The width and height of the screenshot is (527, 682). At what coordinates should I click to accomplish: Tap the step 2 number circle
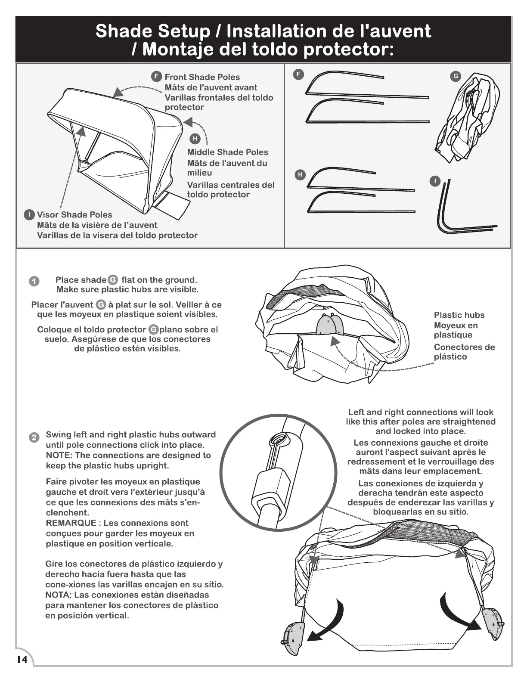[34, 437]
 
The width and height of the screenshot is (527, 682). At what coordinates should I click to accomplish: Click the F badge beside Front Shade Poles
[157, 77]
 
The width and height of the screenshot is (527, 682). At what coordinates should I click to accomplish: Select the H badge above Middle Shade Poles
[195, 139]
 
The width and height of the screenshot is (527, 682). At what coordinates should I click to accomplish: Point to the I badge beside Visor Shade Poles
[29, 214]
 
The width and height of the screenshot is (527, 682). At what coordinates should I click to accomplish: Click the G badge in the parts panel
[455, 77]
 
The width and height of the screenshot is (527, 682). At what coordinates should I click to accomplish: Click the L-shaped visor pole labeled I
[456, 215]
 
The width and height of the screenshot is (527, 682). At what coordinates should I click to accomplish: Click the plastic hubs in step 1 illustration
[329, 325]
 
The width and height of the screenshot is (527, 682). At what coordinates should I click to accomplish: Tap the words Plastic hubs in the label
[459, 315]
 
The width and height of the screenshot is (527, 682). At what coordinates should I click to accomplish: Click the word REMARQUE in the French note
[71, 523]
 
